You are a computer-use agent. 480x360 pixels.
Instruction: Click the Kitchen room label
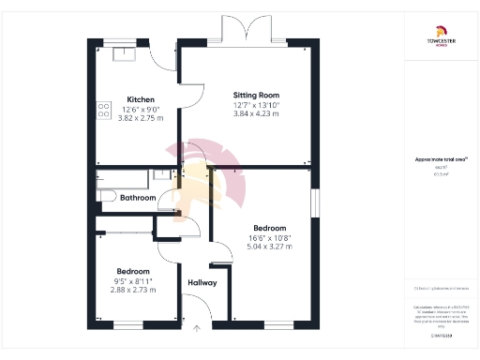(x=140, y=99)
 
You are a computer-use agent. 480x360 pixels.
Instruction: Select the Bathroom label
(x=137, y=198)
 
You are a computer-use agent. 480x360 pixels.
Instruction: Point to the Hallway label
(x=202, y=282)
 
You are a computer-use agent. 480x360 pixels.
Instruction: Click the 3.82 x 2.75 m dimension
(x=140, y=118)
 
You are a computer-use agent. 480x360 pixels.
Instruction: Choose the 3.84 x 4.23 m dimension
(x=257, y=114)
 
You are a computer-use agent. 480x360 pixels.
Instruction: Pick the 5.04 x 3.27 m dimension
(x=270, y=247)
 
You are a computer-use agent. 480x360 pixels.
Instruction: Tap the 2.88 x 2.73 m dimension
(x=133, y=290)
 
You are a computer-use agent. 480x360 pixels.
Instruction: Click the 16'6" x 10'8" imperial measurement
(x=270, y=237)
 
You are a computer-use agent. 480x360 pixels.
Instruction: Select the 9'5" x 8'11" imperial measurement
(x=133, y=280)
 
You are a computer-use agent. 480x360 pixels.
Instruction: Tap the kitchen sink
(x=123, y=53)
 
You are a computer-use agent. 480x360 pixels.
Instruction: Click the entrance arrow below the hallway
(x=197, y=329)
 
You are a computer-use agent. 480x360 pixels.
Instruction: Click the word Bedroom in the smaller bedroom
(x=133, y=271)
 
